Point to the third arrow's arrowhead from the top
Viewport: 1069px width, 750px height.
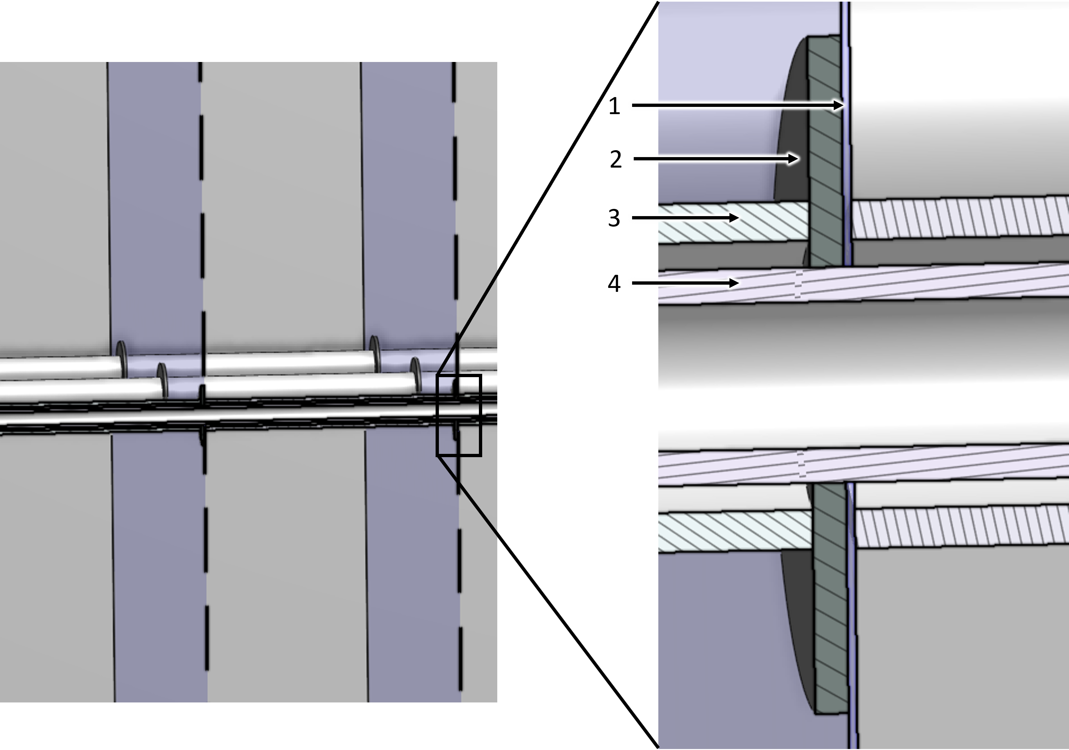tap(734, 217)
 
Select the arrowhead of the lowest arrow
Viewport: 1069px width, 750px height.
tap(734, 283)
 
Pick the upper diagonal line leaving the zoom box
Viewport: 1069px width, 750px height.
tap(467, 324)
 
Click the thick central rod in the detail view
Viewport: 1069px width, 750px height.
tap(861, 377)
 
